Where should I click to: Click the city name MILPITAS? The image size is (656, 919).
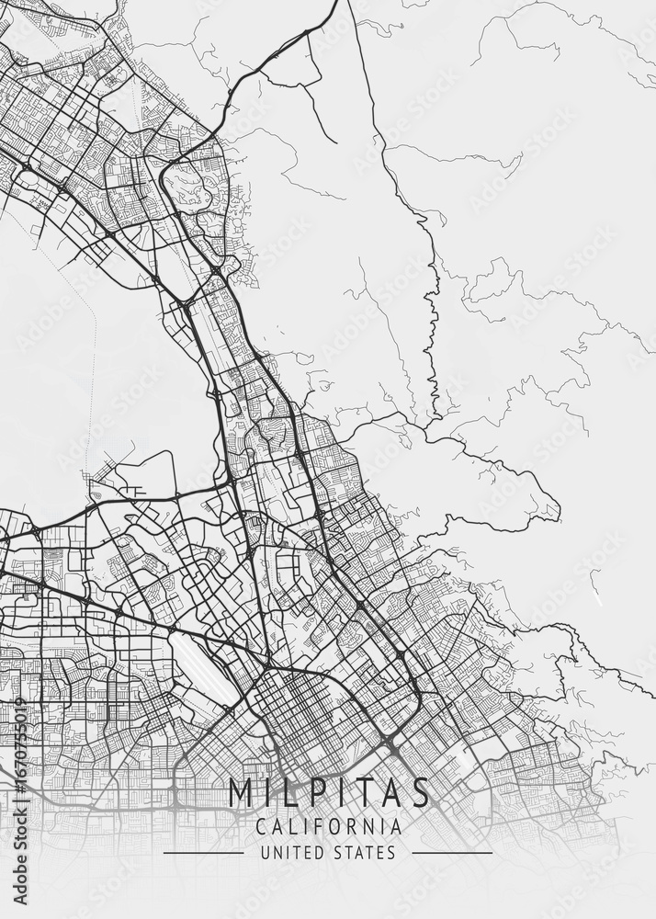click(328, 792)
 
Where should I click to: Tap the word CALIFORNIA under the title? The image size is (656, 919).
click(328, 826)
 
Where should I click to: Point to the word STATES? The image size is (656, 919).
click(367, 853)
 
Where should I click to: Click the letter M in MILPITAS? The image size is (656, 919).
click(241, 792)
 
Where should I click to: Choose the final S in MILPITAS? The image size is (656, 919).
click(420, 792)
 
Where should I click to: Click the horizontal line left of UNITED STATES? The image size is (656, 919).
click(203, 853)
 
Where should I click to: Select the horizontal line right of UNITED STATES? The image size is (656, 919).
click(452, 853)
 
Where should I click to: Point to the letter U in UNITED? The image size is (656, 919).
click(264, 853)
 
